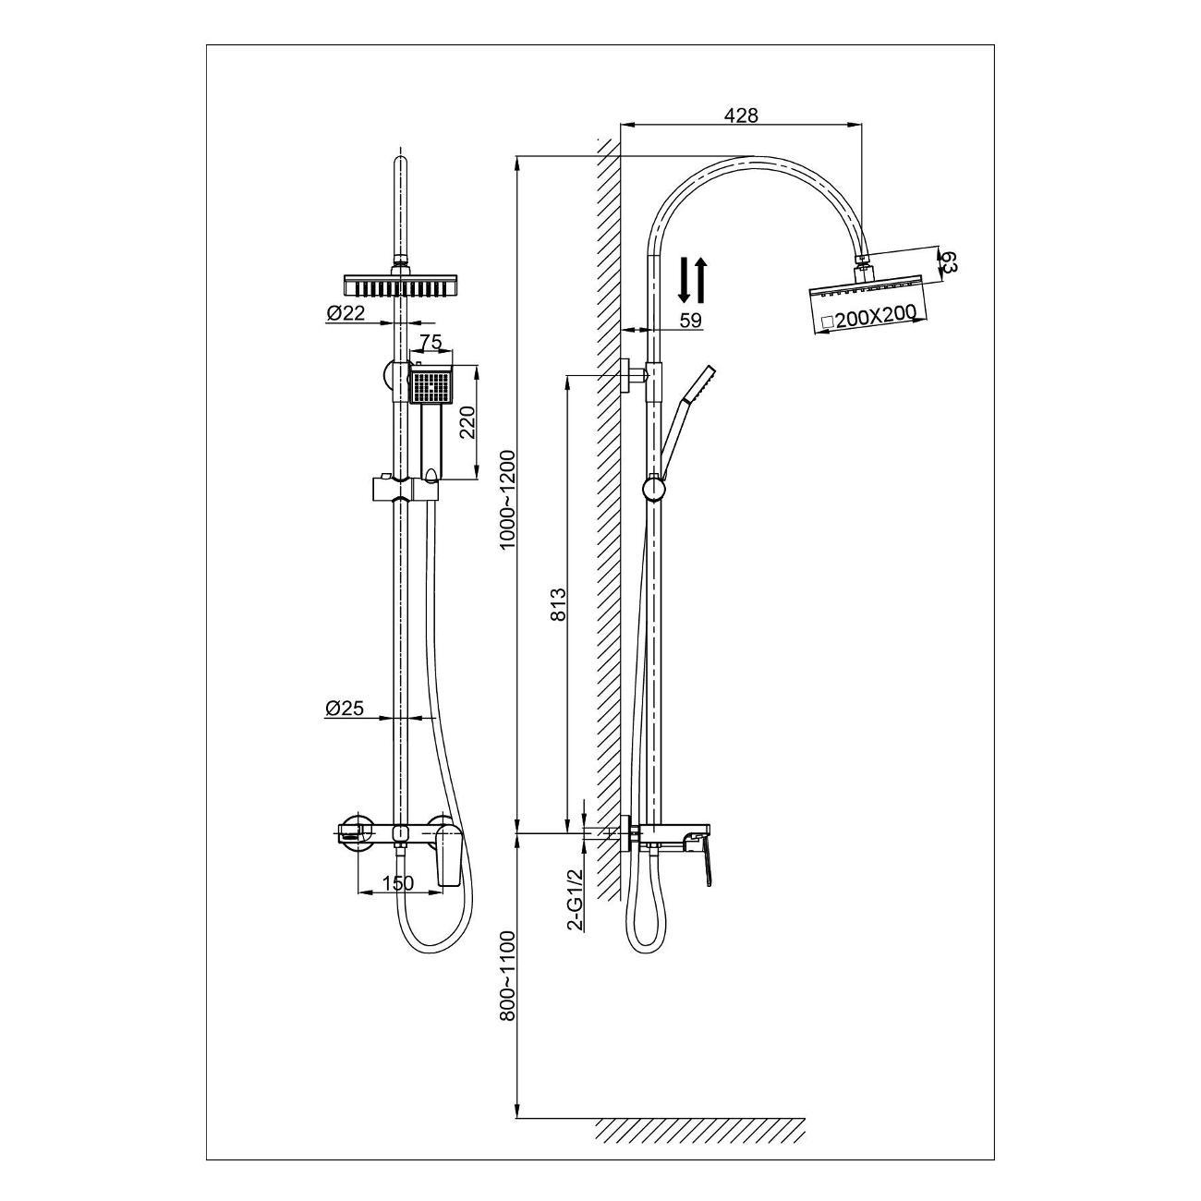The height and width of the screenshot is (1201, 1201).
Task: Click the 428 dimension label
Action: pos(741,115)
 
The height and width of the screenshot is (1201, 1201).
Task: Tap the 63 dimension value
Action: pos(948,261)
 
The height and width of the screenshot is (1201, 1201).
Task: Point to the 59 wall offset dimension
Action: pos(690,321)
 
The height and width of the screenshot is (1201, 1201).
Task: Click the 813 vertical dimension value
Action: pos(559,603)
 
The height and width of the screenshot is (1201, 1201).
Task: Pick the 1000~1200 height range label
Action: pos(508,500)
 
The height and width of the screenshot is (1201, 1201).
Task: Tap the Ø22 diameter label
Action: pos(346,313)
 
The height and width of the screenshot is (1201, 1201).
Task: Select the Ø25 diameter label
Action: pos(344,708)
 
